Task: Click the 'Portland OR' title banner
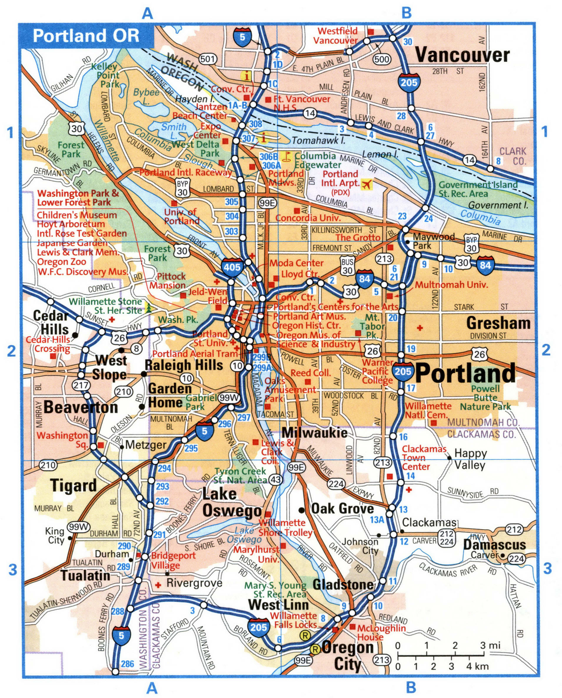86,36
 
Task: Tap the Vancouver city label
462,55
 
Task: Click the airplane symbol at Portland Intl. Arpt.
367,185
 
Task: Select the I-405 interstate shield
232,267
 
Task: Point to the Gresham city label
498,323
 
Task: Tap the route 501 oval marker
207,59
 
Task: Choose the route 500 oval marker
382,59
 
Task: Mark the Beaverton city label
81,407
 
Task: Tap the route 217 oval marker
81,385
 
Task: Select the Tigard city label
74,486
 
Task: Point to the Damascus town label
494,545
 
